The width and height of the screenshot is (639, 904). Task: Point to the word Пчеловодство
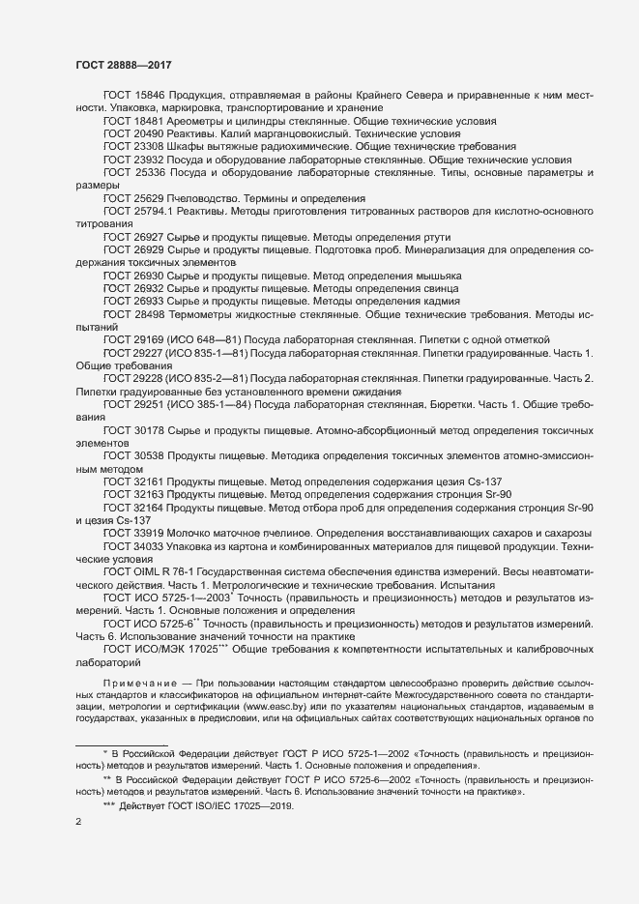[x=207, y=196]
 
